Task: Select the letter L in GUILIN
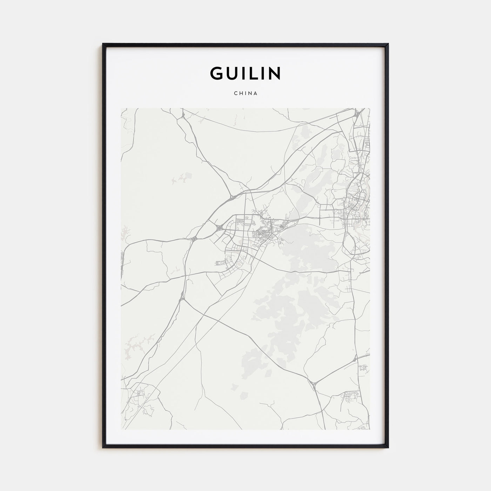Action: click(252, 73)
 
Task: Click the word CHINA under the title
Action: click(245, 94)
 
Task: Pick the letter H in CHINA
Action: click(240, 94)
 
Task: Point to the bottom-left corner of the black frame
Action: click(103, 448)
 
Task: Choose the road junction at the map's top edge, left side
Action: click(183, 114)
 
